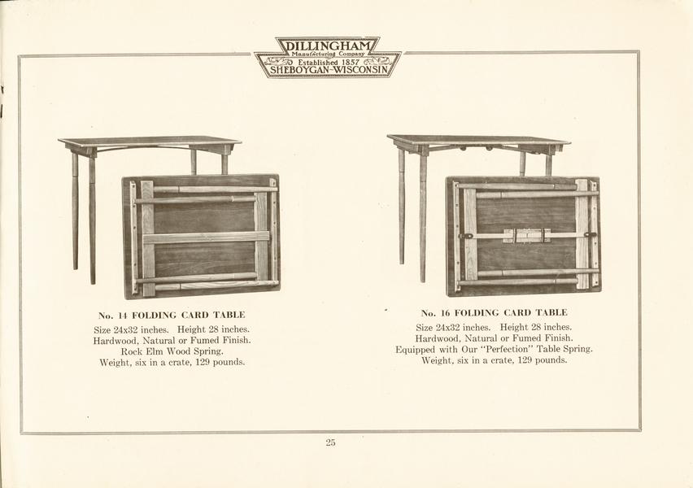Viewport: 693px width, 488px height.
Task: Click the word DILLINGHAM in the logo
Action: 328,46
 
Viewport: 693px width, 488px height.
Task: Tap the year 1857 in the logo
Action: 351,63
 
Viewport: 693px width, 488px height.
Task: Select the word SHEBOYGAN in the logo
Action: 298,70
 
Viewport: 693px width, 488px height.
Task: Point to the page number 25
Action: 330,442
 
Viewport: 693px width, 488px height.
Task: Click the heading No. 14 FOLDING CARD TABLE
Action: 172,316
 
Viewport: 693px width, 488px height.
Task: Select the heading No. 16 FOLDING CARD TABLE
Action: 494,313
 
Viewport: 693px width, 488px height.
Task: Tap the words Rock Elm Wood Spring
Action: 172,351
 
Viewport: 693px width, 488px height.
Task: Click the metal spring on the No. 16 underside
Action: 527,235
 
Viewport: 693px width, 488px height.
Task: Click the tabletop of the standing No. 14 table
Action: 150,141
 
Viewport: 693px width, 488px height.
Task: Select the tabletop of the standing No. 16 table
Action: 478,140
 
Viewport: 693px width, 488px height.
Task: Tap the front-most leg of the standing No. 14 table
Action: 92,220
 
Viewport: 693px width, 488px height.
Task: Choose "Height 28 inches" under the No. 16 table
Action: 536,327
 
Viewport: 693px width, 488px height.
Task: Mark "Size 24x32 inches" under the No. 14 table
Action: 131,329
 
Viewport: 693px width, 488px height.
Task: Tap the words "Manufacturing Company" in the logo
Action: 328,54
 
